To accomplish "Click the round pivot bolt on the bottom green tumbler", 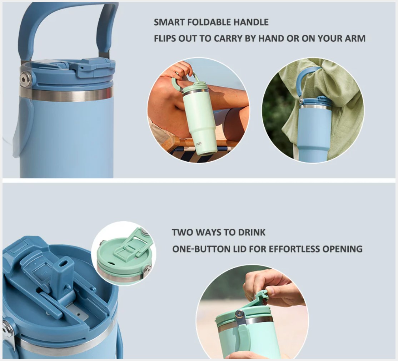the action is [x=239, y=314].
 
